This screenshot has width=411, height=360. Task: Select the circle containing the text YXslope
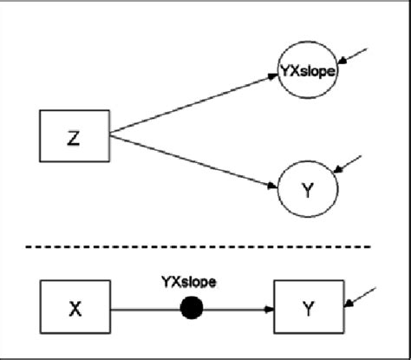pos(308,72)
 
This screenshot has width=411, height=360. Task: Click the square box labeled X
pos(76,307)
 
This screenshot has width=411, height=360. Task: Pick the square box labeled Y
pos(309,307)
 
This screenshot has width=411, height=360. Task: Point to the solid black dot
pos(191,307)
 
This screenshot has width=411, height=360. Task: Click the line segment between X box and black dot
pos(144,307)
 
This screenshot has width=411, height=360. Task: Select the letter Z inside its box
pos(76,135)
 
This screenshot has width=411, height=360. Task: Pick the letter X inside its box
pos(76,308)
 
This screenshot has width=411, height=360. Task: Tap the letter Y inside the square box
pos(309,308)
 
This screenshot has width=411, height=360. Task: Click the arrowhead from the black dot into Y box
pos(268,307)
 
